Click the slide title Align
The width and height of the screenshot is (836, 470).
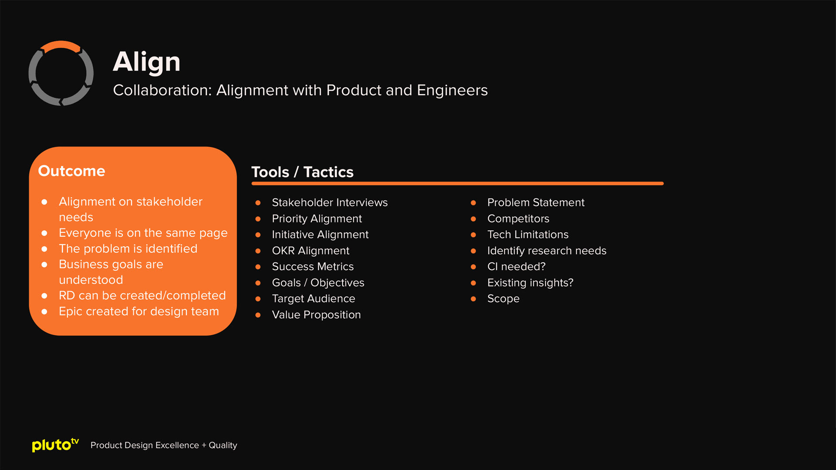coord(146,62)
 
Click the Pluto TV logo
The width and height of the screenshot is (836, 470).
coord(55,445)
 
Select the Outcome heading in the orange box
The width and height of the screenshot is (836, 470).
coord(71,171)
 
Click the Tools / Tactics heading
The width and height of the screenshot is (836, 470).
coord(302,172)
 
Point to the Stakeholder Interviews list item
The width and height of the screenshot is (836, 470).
coord(330,202)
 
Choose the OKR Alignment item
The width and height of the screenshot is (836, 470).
coord(310,251)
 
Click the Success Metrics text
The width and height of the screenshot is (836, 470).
coord(313,266)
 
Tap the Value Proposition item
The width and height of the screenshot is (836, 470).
coord(316,315)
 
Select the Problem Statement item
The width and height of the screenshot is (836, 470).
coord(536,202)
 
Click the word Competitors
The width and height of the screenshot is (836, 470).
coord(518,218)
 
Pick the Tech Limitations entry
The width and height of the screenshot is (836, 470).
coord(528,235)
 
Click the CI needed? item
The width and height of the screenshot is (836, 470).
coord(516,266)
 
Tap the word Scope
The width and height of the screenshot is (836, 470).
coord(503,299)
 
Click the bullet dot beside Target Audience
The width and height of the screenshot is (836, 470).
coord(258,299)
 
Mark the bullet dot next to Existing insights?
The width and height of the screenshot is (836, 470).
coord(473,283)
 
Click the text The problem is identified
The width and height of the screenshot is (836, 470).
coord(128,248)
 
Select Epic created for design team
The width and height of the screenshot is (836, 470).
coord(138,311)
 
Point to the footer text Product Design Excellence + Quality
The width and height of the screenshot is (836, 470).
coord(164,445)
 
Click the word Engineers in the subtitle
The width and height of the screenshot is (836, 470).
coord(452,90)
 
